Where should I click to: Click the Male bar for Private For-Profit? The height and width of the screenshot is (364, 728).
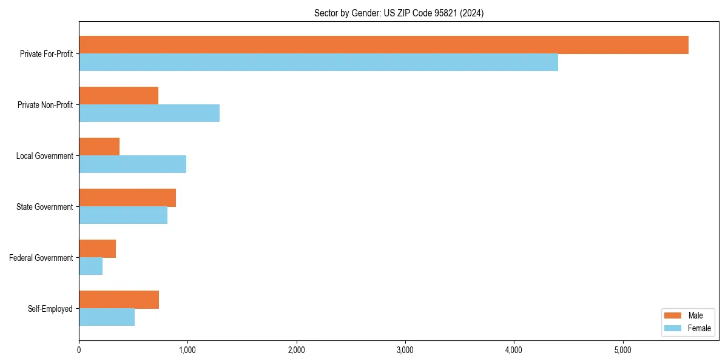click(x=383, y=45)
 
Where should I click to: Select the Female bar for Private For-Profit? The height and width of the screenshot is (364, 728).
click(x=318, y=62)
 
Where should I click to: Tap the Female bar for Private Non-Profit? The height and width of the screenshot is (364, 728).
click(x=149, y=113)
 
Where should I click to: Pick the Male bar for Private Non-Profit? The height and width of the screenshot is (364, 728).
click(x=118, y=96)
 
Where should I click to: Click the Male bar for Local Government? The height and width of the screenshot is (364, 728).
click(x=99, y=147)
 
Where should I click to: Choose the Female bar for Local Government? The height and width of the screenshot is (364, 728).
click(x=132, y=164)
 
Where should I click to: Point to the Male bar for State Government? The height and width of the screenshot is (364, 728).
click(x=127, y=198)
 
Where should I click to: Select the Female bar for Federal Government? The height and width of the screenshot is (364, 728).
click(x=90, y=266)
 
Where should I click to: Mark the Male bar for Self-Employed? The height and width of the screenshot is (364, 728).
click(x=119, y=300)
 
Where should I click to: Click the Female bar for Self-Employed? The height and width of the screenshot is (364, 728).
click(x=107, y=317)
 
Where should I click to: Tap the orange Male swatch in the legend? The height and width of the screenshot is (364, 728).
click(x=673, y=315)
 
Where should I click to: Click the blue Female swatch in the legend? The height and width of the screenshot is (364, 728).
click(x=673, y=328)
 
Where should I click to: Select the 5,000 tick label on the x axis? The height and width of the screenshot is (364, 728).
click(x=622, y=350)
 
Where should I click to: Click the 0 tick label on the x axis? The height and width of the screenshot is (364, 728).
click(x=79, y=350)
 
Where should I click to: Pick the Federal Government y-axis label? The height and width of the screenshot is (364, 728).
click(x=41, y=258)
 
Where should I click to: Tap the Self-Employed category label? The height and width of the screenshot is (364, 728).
click(x=50, y=309)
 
